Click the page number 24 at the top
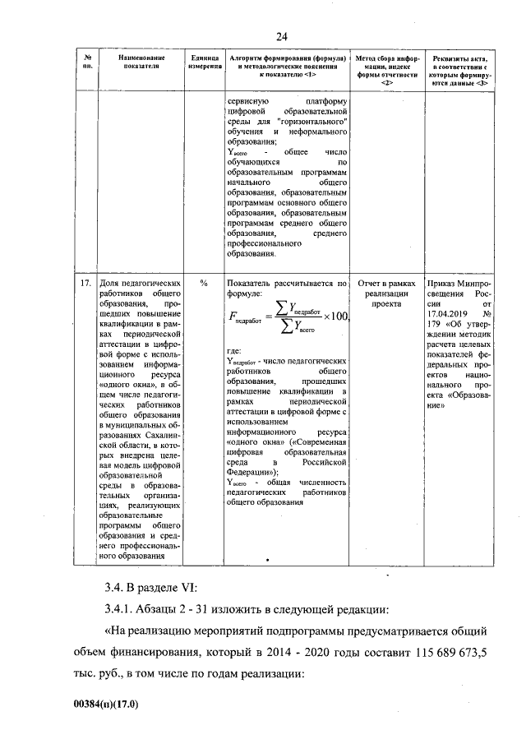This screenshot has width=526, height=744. click(x=281, y=36)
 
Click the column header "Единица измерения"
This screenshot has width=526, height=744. click(x=204, y=63)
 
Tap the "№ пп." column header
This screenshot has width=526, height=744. click(x=87, y=63)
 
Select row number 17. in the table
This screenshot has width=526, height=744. click(x=86, y=284)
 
